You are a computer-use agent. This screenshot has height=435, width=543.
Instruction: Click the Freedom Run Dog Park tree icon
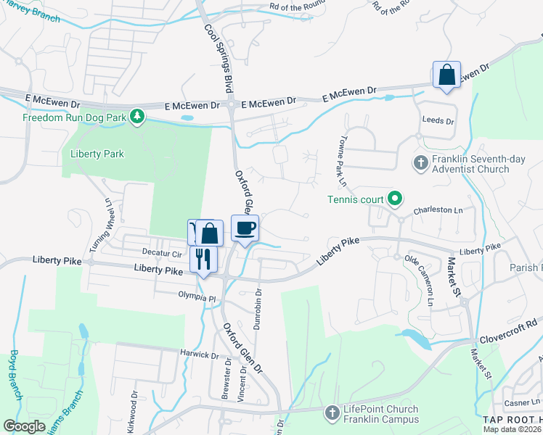pos(136,117)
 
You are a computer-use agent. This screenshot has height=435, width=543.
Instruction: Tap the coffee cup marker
pos(245,229)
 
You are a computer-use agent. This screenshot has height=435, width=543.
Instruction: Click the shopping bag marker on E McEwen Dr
pos(446,75)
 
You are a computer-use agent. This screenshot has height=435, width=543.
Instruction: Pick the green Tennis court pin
pos(395,196)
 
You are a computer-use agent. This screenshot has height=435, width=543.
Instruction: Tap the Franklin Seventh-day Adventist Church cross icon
pos(420,162)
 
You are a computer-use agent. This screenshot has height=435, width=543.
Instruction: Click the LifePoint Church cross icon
pos(332,413)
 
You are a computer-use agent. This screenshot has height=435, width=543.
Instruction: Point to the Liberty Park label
pos(97,154)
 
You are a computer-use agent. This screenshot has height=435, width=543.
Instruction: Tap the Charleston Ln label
pos(438,211)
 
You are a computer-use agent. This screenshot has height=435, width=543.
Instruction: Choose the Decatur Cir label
pos(163,254)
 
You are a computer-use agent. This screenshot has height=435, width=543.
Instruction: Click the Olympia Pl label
pos(197,297)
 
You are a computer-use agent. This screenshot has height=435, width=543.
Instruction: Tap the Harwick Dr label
pos(199,355)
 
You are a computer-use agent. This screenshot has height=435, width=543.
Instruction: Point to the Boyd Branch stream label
pos(15,373)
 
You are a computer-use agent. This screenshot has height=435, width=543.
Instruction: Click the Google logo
pos(25,426)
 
